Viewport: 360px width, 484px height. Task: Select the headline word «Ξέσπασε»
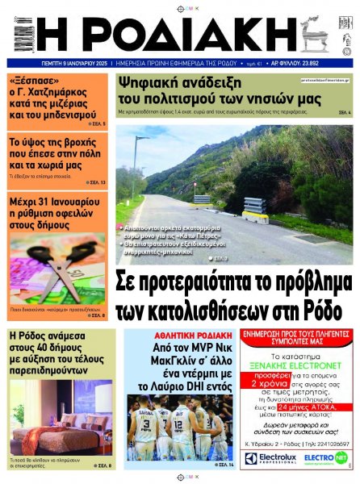click(31, 81)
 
